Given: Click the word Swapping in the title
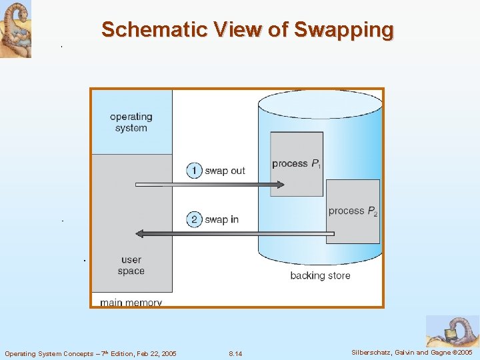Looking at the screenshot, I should pyautogui.click(x=343, y=30).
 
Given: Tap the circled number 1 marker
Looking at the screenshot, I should pyautogui.click(x=194, y=171).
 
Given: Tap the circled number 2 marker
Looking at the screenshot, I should pyautogui.click(x=194, y=219).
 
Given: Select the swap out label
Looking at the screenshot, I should pyautogui.click(x=225, y=171).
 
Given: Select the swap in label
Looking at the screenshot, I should pyautogui.click(x=221, y=219).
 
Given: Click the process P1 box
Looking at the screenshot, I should pyautogui.click(x=297, y=164).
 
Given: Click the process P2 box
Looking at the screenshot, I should pyautogui.click(x=353, y=211).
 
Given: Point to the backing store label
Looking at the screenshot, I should pyautogui.click(x=320, y=275).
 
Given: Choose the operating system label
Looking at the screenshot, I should pyautogui.click(x=131, y=123).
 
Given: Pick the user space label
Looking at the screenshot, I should pyautogui.click(x=131, y=265).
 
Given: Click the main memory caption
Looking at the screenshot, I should pyautogui.click(x=131, y=303).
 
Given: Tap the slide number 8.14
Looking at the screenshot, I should pyautogui.click(x=235, y=353).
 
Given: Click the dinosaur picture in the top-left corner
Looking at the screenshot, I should pyautogui.click(x=15, y=29).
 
